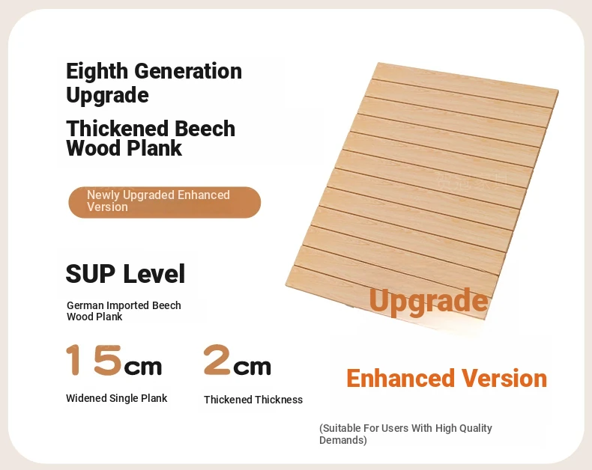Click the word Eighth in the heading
(x=97, y=72)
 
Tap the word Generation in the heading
(x=188, y=71)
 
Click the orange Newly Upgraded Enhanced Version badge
(x=165, y=202)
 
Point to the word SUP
(x=90, y=274)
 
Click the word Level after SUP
(x=154, y=274)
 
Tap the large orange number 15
(x=94, y=360)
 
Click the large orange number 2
(x=217, y=360)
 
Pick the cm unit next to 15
(x=143, y=367)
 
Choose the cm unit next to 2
(x=253, y=367)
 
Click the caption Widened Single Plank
(x=117, y=398)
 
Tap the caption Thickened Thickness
(x=253, y=400)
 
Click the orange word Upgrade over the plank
(x=429, y=302)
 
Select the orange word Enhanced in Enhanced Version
(x=401, y=379)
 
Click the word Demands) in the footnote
(x=343, y=440)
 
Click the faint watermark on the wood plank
(x=472, y=180)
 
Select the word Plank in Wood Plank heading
(x=154, y=148)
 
